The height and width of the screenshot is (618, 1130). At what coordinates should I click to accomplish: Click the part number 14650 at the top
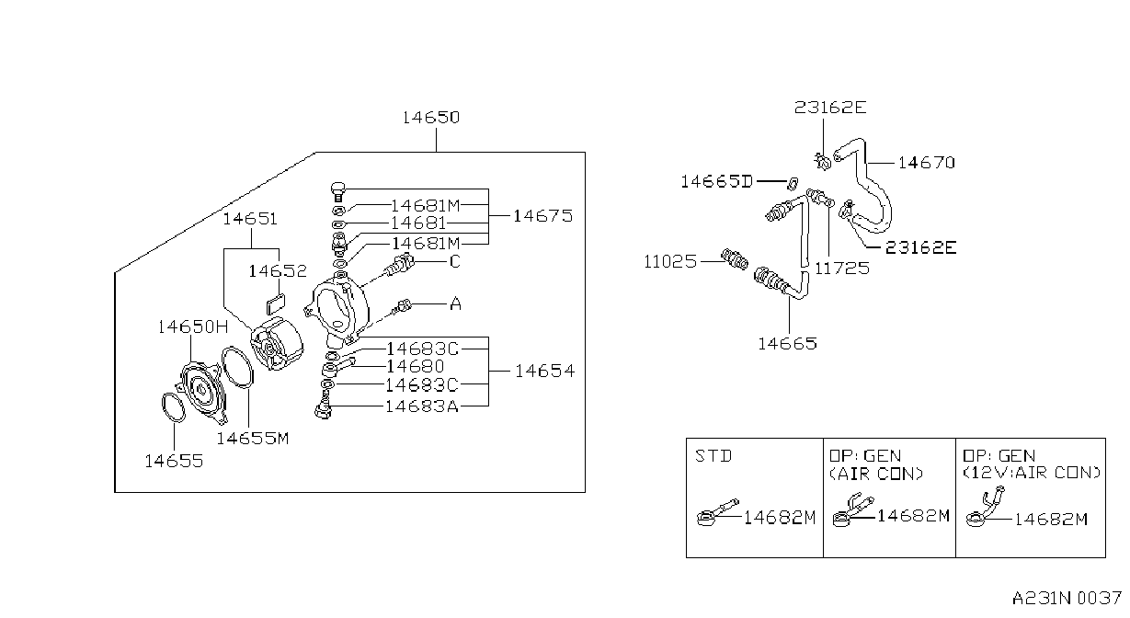click(431, 118)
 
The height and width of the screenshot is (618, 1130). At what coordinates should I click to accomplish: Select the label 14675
click(543, 216)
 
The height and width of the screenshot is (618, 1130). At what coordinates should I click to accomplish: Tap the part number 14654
click(545, 372)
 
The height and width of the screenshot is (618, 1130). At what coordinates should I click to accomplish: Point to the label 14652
click(278, 271)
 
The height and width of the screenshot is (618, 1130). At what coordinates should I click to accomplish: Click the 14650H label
click(193, 326)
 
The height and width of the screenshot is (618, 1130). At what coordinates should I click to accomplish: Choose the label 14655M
click(253, 439)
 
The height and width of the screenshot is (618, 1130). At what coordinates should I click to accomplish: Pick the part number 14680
click(416, 366)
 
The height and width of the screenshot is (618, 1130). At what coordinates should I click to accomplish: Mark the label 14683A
click(422, 406)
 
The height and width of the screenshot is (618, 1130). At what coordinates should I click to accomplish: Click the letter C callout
click(455, 262)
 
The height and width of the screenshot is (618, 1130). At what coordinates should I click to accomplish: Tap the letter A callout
click(455, 303)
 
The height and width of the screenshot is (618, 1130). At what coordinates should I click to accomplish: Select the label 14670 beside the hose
click(927, 163)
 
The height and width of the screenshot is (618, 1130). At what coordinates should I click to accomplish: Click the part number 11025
click(670, 262)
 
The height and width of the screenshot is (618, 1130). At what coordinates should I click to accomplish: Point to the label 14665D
click(717, 181)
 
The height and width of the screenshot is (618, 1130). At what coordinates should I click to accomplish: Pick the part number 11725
click(842, 269)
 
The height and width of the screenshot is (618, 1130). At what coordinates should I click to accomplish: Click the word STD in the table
click(713, 456)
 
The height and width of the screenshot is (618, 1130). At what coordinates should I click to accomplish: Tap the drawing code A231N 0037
click(1067, 599)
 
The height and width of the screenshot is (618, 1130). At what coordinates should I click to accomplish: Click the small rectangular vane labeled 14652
click(276, 304)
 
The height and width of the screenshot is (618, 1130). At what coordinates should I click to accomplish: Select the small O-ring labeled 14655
click(174, 407)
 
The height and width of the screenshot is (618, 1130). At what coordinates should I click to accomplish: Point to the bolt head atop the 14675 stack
click(338, 189)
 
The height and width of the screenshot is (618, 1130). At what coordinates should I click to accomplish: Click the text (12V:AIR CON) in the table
click(1031, 474)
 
